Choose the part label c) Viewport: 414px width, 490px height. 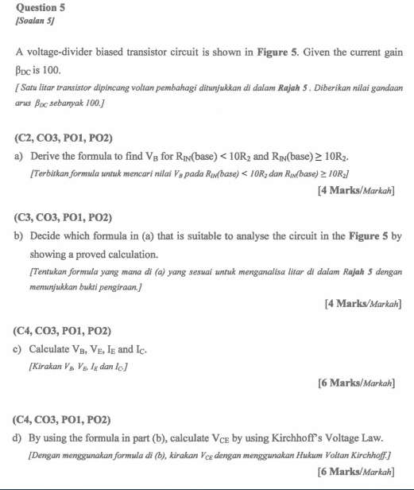19,348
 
